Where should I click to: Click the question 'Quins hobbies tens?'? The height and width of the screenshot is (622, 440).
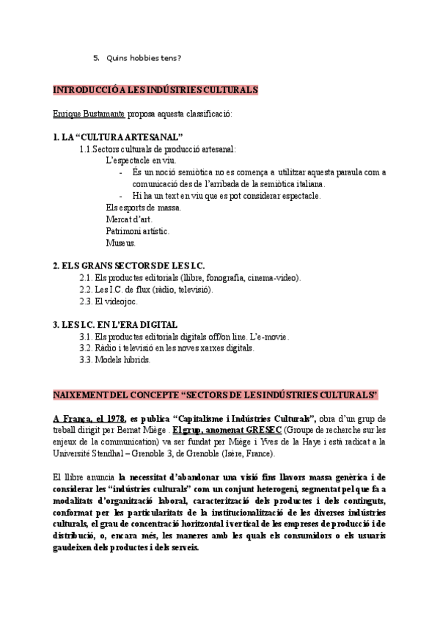click(144, 58)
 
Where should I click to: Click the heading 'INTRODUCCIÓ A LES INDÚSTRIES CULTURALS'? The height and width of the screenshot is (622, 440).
click(155, 90)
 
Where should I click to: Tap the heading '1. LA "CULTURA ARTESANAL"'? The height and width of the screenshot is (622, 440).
click(118, 137)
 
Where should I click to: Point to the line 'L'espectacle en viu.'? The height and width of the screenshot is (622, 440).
click(141, 161)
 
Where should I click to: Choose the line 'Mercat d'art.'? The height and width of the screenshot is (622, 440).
click(128, 219)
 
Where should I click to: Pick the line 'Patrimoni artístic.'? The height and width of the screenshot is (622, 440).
click(137, 231)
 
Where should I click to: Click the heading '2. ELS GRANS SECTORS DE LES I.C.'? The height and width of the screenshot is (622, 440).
click(129, 265)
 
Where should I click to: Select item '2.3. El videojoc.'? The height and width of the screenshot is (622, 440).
click(108, 301)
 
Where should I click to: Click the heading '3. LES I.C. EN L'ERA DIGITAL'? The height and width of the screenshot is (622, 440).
click(115, 324)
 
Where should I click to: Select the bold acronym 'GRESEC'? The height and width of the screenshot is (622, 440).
click(259, 430)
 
